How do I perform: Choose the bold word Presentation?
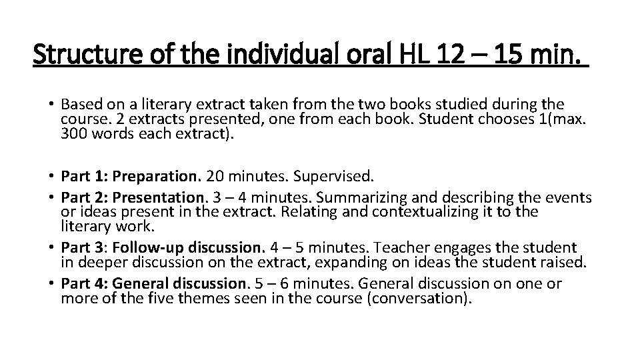(x=159, y=198)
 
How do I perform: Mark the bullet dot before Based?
(x=50, y=105)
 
